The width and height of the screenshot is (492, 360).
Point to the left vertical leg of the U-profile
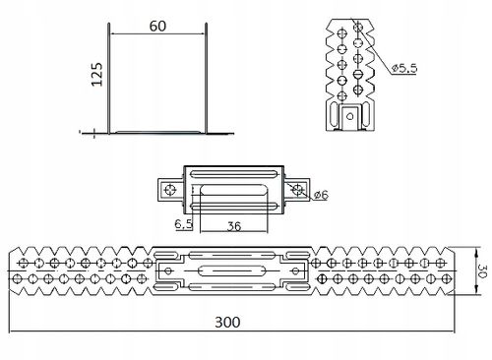[107, 79]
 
